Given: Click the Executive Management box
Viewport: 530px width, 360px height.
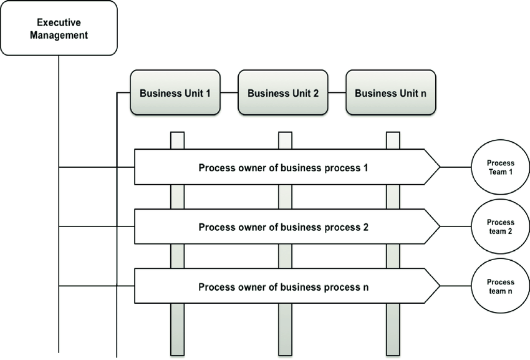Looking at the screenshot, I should point(59,28).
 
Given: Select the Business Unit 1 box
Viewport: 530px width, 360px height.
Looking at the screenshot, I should point(175,94).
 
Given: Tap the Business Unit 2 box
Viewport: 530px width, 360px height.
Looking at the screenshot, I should point(283,94).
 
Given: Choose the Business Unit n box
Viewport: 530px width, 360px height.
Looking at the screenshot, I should point(391,94).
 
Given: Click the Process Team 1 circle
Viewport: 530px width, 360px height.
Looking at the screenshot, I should point(500,167).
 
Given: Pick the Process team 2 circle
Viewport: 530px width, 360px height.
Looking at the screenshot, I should point(500,226).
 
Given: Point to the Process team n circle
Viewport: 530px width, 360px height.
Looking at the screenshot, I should point(500,286).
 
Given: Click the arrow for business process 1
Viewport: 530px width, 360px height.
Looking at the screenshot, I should point(284,167).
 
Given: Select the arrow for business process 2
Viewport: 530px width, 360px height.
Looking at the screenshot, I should point(284,227).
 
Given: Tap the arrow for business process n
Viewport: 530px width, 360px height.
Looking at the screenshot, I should point(284,287).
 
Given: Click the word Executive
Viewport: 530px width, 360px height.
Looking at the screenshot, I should point(59,22).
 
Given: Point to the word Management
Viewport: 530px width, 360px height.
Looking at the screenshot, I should point(59,35).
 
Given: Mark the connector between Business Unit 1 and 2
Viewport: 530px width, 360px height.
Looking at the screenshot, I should point(229,94).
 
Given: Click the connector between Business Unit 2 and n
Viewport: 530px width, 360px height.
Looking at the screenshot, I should point(337,94).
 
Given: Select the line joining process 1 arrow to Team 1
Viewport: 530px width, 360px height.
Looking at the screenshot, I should point(456,167).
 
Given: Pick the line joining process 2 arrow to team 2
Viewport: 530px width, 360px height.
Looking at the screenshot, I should point(456,227).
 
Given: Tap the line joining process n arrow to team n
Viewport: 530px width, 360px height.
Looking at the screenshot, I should point(456,287).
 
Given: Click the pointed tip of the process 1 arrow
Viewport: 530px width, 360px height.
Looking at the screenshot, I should point(438,167).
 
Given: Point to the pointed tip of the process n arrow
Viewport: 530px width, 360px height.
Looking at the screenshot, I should point(438,287).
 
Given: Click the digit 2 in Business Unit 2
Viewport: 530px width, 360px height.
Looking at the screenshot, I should point(316,94).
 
